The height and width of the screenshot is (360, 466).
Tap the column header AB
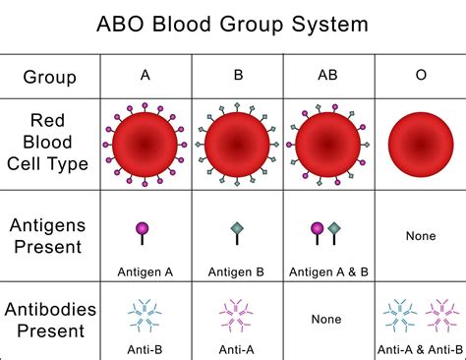[x=328, y=74]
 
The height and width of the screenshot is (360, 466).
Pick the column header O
[x=421, y=74]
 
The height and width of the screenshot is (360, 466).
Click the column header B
[x=237, y=74]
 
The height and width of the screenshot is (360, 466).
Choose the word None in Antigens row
[x=421, y=236]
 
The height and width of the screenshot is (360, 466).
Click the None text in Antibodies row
[x=326, y=319]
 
